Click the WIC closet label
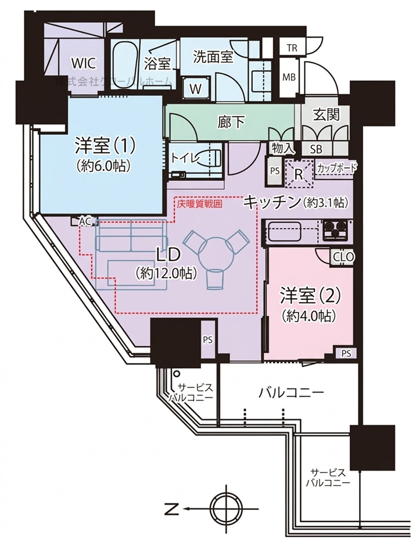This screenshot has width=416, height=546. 83,63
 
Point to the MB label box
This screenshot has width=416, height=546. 289,76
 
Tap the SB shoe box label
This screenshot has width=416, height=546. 317,149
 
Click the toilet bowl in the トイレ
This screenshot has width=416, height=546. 210,158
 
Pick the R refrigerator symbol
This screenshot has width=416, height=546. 299,173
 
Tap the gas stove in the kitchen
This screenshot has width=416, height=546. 336,231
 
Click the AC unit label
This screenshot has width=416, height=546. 85,222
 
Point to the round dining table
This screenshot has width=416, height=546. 216,253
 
